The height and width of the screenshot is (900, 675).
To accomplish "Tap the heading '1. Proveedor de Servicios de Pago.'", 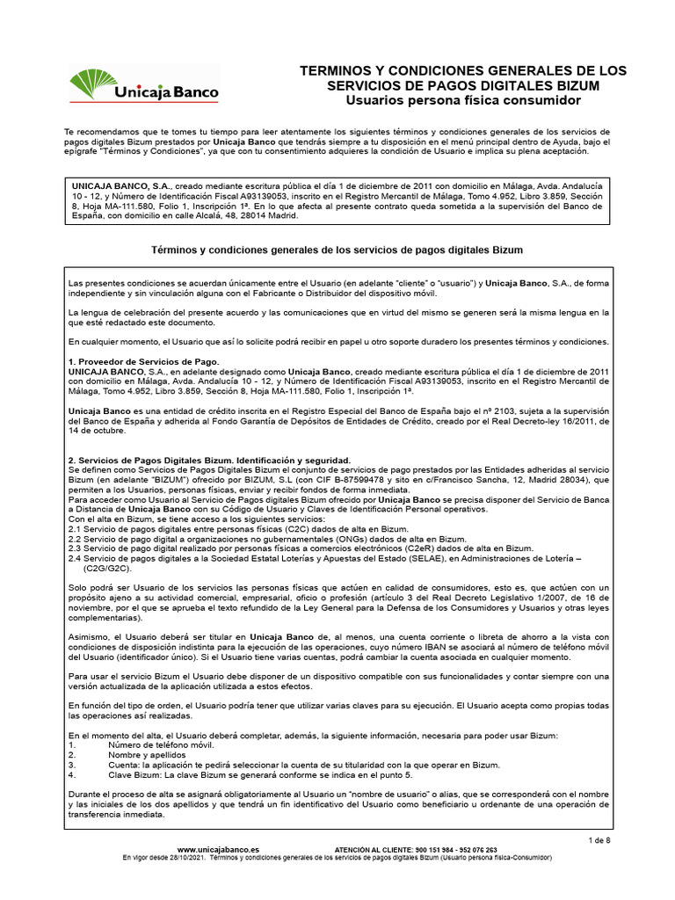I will (144, 362).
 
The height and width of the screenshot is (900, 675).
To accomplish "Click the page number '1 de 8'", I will (599, 841).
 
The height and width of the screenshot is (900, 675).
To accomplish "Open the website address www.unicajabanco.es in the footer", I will (218, 850).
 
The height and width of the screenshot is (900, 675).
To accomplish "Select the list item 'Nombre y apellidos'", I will (147, 755).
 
